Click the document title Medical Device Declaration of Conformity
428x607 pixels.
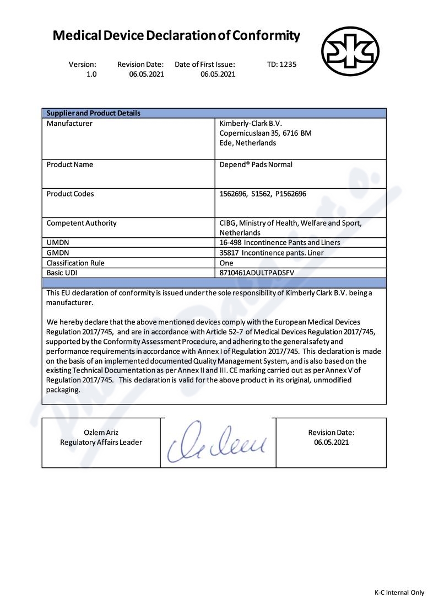(176, 36)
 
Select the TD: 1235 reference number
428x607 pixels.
(281, 64)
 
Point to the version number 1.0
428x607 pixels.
(91, 74)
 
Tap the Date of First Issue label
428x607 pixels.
(205, 64)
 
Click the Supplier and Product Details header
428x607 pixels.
(93, 113)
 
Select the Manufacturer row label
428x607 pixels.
(69, 124)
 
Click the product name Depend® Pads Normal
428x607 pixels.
(256, 164)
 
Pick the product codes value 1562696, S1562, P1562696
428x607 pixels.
(263, 194)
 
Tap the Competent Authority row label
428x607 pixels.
(82, 223)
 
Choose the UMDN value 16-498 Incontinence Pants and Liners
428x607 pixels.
(279, 242)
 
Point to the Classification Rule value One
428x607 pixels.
(226, 263)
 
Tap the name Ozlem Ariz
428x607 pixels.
(101, 432)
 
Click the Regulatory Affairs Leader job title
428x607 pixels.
(101, 442)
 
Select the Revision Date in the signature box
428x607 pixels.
(331, 437)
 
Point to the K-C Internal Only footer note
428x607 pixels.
(399, 592)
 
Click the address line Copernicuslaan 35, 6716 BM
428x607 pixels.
(266, 133)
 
